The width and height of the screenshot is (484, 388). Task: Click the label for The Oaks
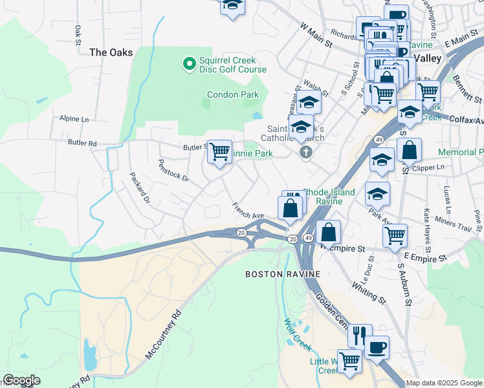[x=111, y=52]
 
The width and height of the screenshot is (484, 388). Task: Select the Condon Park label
[x=233, y=94]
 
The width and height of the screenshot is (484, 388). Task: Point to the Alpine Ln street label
[x=74, y=119]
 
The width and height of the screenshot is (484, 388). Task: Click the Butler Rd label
[x=82, y=143]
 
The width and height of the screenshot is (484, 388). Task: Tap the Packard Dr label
[x=139, y=188]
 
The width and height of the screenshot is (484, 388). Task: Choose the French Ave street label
[x=249, y=211]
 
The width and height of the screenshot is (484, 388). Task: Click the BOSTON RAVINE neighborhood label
[x=283, y=274]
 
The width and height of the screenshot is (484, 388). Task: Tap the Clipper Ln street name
[x=432, y=167]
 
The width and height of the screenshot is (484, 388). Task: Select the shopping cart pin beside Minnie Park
[x=220, y=152]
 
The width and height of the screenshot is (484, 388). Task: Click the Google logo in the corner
[x=21, y=380]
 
